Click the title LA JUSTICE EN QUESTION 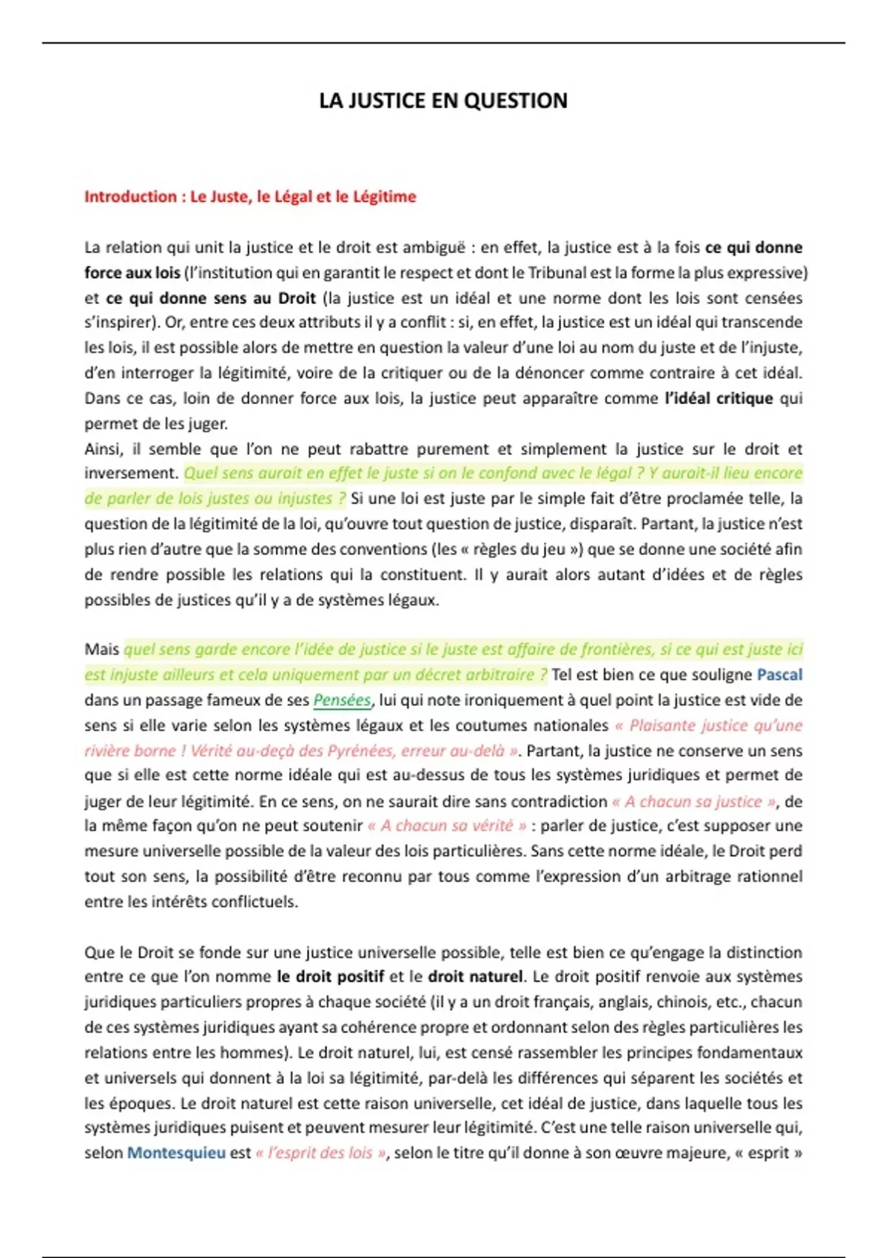pos(443,101)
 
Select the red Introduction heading pos(250,197)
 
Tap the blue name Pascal pos(779,675)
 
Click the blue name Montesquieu pos(176,1153)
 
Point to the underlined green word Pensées pos(342,700)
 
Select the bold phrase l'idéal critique pos(719,399)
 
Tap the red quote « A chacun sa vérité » pos(447,826)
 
